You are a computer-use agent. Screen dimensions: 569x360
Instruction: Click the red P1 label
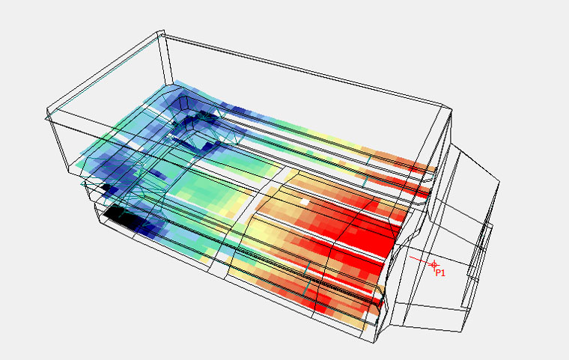tap(440, 273)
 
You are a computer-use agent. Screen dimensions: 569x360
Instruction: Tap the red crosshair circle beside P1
tap(434, 265)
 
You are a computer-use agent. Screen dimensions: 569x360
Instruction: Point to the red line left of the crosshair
tap(420, 260)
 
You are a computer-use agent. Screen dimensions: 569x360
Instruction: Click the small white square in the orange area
tap(305, 202)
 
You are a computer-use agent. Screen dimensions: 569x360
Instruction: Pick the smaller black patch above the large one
tap(106, 188)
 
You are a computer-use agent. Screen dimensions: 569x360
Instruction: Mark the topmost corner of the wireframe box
tap(162, 31)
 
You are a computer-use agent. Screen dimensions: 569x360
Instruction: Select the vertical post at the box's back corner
tap(165, 59)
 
